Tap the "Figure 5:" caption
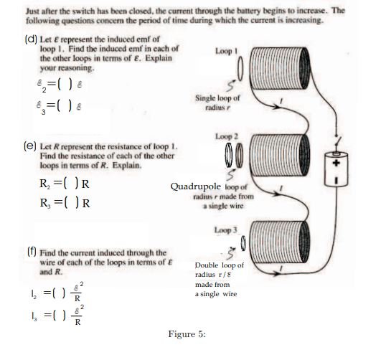click(x=187, y=335)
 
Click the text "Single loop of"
click(x=217, y=98)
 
